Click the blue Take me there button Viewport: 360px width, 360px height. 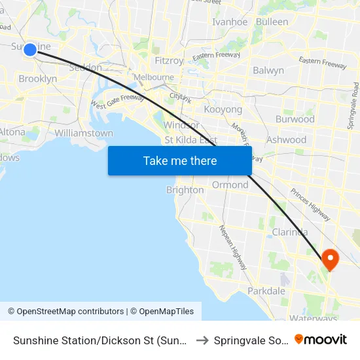point(180,161)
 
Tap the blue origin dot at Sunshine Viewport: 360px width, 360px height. point(29,50)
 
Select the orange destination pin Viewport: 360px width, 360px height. point(330,259)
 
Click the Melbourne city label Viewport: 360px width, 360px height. point(154,77)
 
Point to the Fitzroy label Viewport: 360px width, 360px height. point(169,60)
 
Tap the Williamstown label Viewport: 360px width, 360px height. point(84,133)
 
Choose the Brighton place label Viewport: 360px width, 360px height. point(185,190)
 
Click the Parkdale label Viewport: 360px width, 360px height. point(266,291)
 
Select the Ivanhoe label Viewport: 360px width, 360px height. point(230,22)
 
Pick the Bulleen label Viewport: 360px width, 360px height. point(272,22)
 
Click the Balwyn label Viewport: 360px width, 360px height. point(268,70)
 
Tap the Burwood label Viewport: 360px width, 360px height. point(295,119)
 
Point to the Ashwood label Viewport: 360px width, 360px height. point(286,139)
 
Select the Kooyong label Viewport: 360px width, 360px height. point(223,109)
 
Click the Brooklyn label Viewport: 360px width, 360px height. point(37,79)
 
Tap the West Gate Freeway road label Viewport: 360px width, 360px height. point(117,101)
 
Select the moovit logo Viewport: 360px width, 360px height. point(321,339)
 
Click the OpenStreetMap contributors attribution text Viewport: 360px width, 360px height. point(65,312)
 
